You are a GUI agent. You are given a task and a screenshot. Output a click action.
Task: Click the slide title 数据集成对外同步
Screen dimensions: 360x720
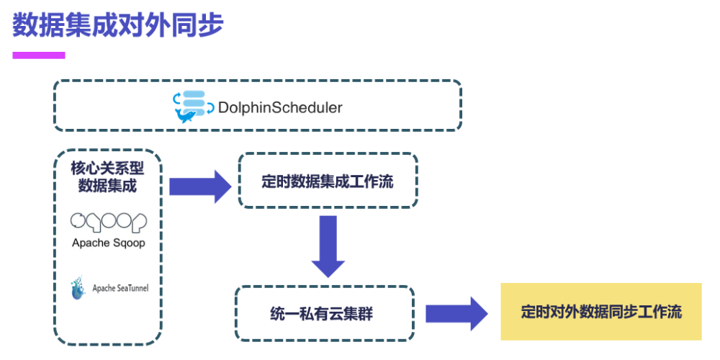[118, 24]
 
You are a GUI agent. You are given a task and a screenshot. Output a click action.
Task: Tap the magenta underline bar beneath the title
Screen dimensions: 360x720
[39, 55]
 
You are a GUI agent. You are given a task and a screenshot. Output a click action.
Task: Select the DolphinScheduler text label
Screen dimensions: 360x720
[279, 108]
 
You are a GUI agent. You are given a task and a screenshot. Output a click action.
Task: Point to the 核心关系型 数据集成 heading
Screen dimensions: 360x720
[108, 176]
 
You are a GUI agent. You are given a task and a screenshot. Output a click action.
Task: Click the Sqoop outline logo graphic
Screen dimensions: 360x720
[109, 221]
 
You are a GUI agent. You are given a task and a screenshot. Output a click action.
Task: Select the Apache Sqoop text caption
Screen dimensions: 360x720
[109, 243]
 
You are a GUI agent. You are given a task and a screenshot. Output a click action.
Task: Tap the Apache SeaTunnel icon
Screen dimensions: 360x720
[78, 288]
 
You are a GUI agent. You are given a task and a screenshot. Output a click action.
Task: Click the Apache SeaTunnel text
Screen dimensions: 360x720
[120, 289]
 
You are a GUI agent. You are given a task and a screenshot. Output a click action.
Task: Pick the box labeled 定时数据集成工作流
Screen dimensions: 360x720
[328, 181]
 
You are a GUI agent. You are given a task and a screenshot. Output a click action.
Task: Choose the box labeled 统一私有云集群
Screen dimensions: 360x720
[324, 314]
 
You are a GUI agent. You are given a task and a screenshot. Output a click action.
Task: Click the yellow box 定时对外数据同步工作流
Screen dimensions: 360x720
[601, 312]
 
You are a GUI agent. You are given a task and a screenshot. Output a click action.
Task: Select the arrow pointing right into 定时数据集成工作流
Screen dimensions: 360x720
[199, 187]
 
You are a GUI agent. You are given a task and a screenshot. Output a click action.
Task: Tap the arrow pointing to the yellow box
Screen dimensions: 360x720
[458, 314]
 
